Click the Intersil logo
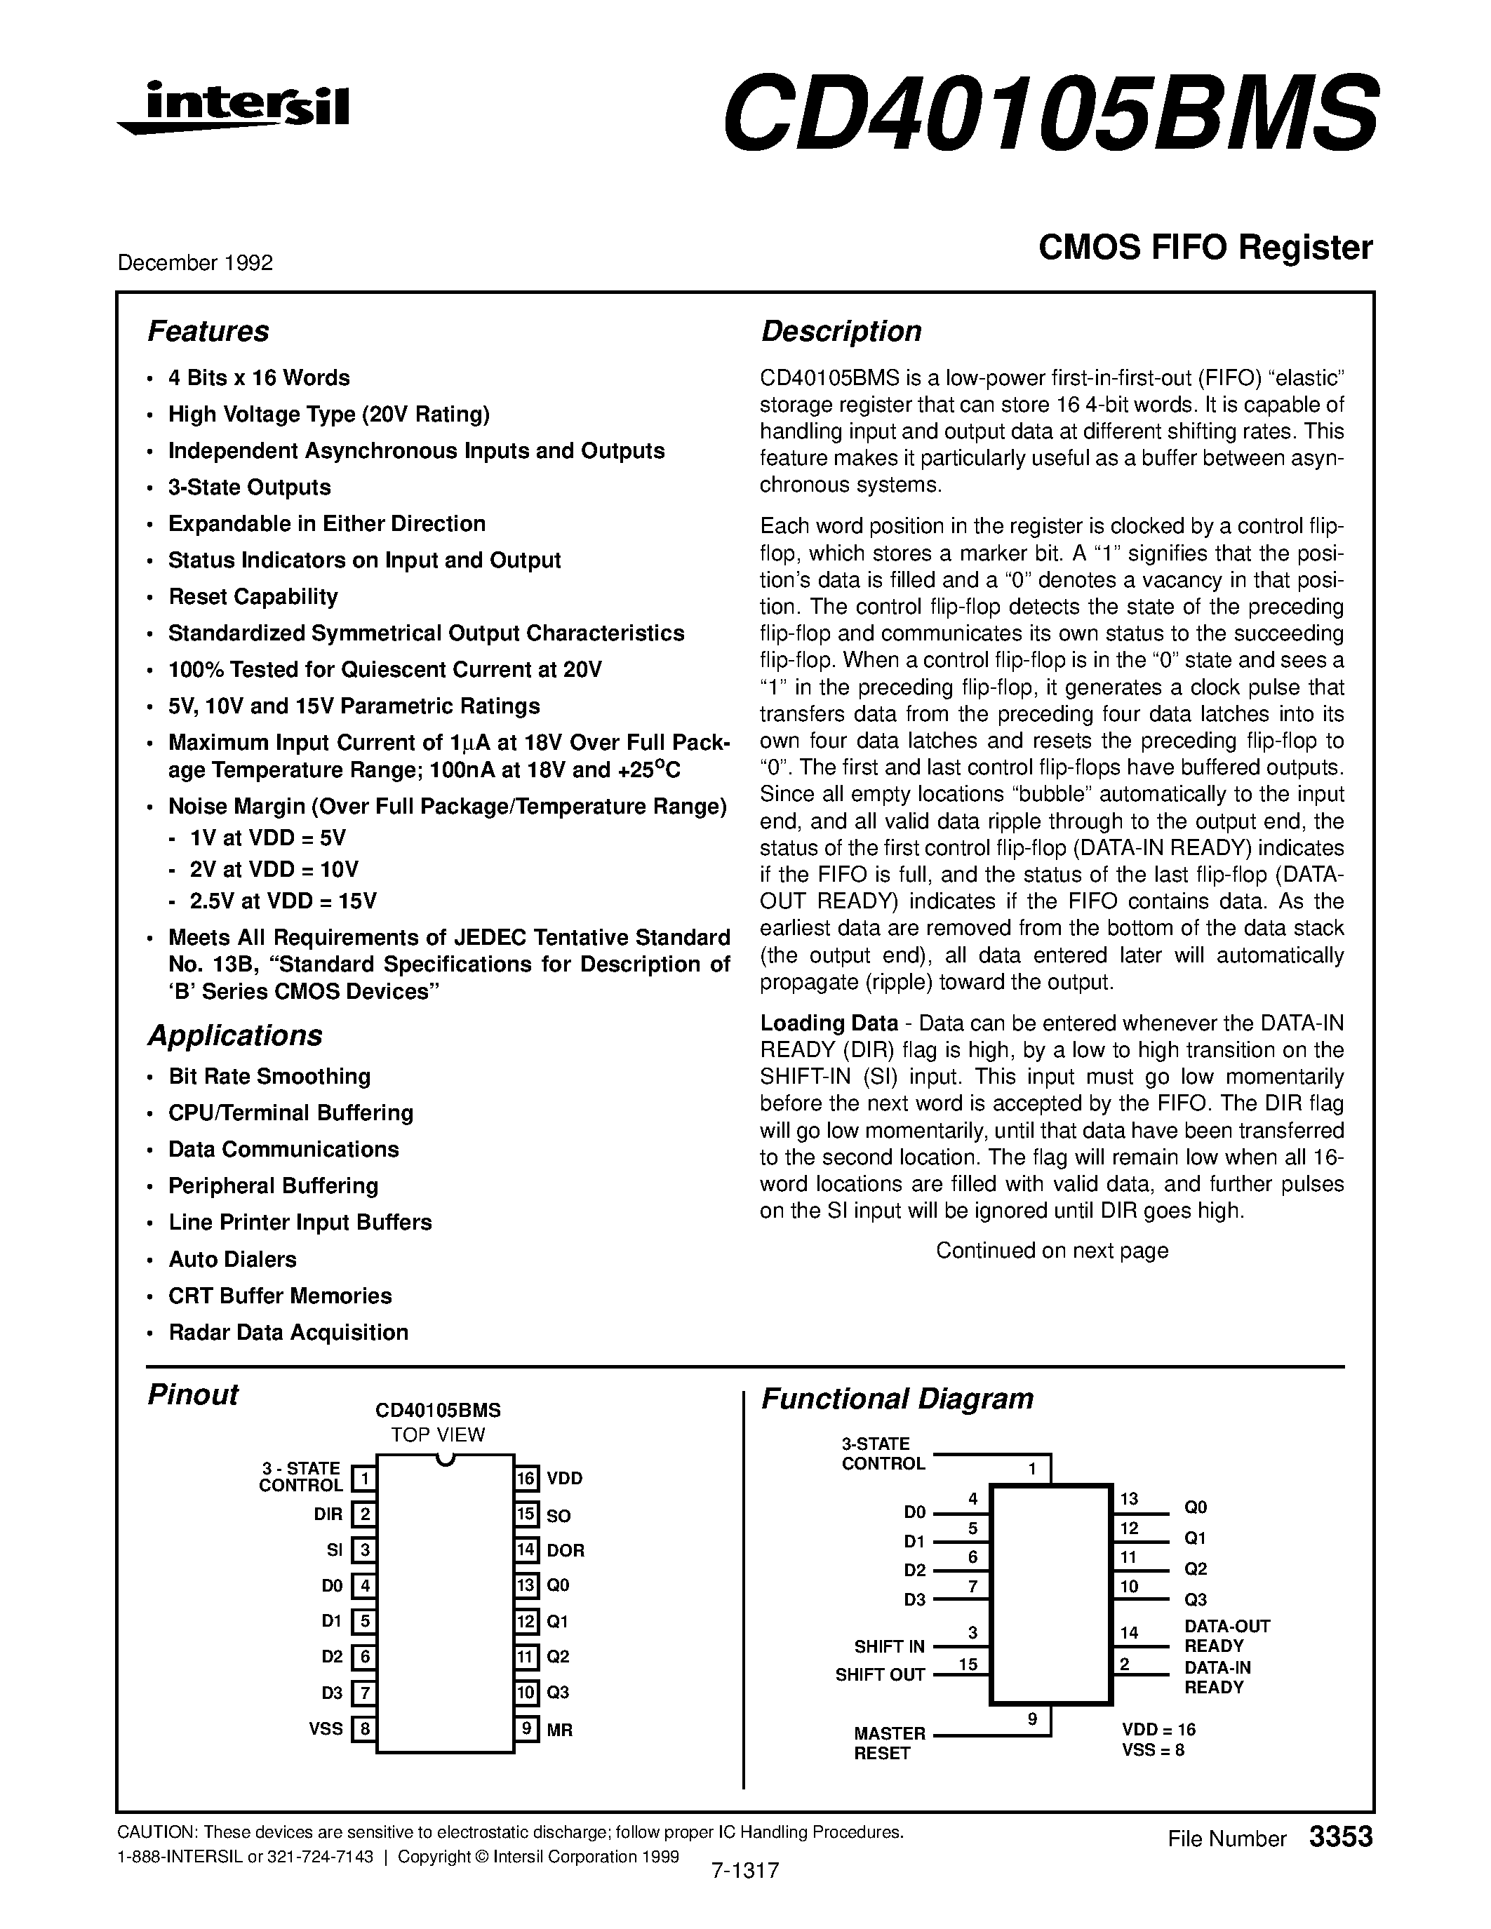coord(234,108)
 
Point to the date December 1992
coord(195,263)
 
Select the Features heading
coord(208,331)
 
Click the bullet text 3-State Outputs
coord(249,488)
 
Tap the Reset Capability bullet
coord(253,597)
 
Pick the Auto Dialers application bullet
coord(232,1260)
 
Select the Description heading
coord(841,331)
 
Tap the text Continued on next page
coord(1051,1251)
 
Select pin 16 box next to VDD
coord(526,1479)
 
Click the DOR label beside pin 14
coord(566,1550)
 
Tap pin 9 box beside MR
coord(526,1728)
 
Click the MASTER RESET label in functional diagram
coord(888,1744)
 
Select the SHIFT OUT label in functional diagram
coord(880,1674)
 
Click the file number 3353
coord(1340,1837)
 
